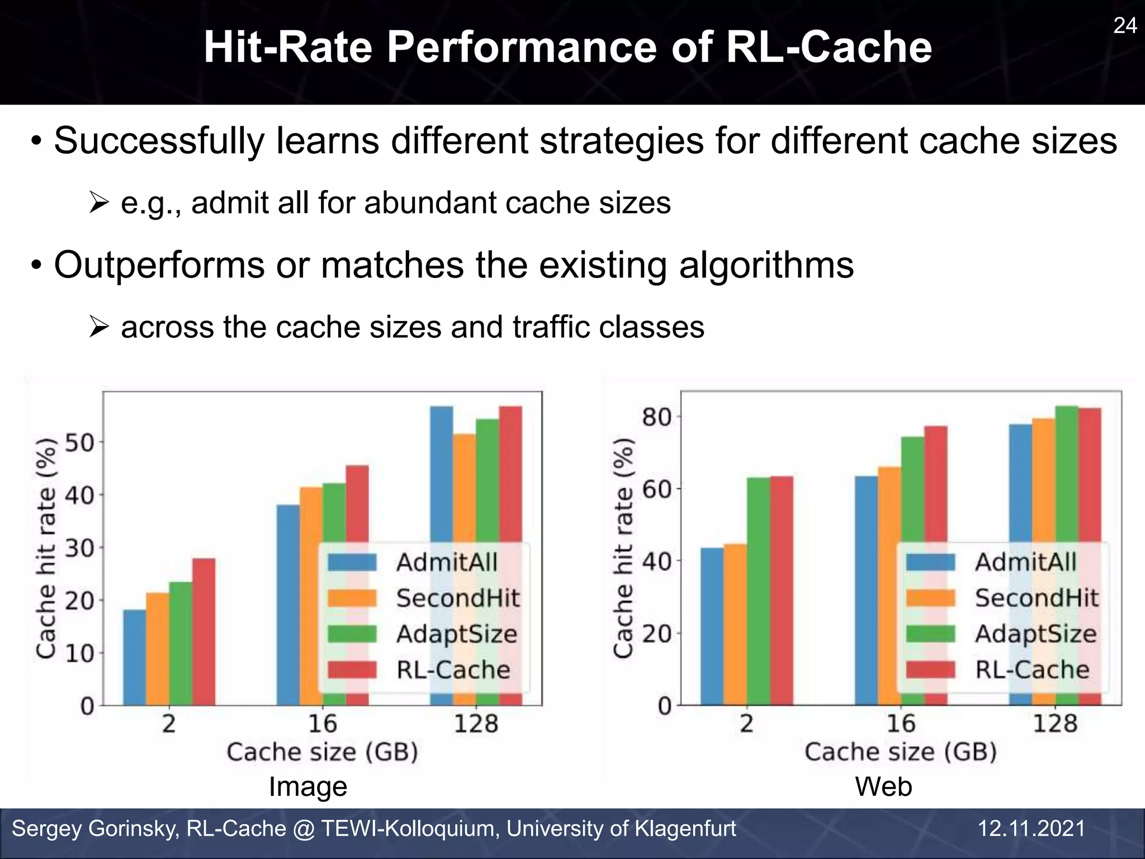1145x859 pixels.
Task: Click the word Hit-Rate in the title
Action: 287,48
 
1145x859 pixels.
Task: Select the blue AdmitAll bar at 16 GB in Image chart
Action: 288,604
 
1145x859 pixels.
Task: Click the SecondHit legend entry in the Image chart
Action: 457,598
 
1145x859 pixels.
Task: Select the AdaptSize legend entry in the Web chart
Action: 1035,634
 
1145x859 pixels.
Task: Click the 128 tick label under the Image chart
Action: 475,724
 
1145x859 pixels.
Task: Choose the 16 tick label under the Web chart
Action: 901,724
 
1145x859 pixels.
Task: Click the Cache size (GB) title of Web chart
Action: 900,752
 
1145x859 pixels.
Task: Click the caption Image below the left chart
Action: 308,786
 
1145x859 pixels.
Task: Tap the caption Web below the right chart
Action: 883,786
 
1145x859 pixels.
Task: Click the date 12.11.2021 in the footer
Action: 1031,828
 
